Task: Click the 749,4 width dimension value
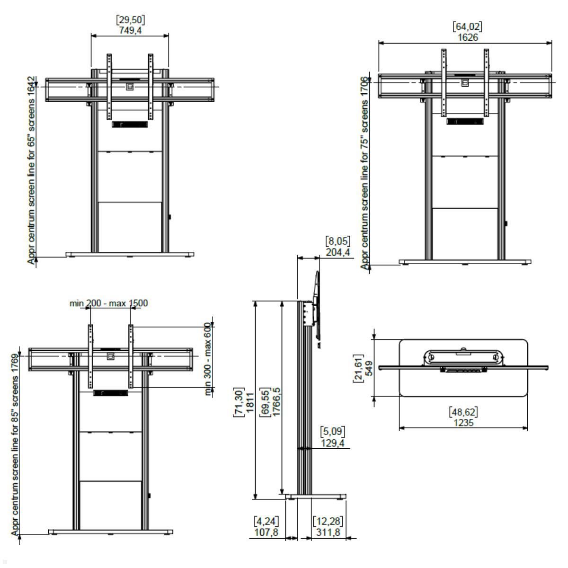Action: (130, 30)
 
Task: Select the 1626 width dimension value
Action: (468, 37)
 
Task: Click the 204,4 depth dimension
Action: (338, 252)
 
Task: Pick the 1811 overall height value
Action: (249, 403)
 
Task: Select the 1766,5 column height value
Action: (276, 402)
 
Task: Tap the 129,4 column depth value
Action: (332, 443)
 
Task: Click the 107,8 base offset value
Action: (266, 532)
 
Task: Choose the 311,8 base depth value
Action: (328, 532)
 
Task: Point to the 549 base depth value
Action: (369, 368)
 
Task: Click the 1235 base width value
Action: (463, 423)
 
